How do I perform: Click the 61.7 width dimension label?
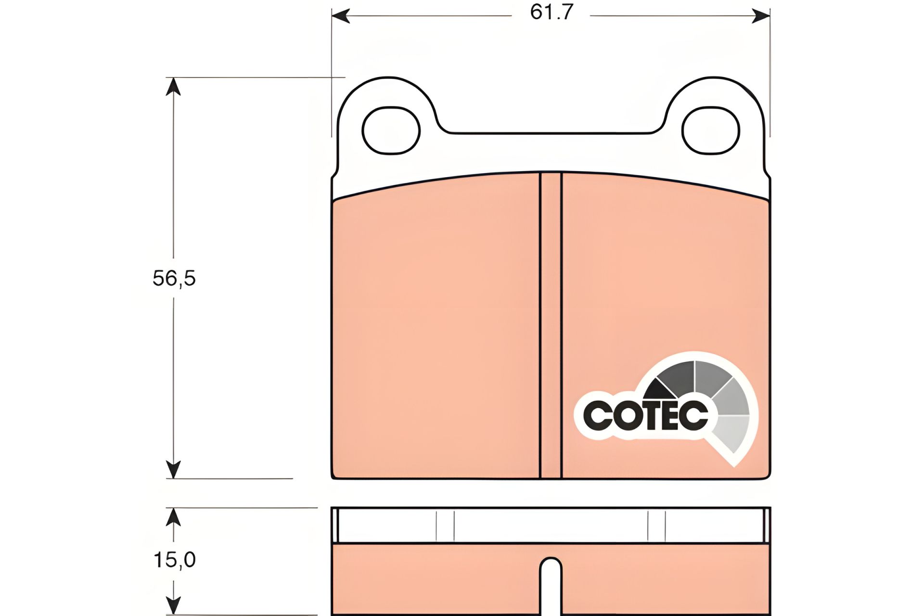552,12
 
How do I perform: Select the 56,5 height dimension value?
174,278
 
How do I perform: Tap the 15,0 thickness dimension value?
174,560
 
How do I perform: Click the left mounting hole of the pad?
391,130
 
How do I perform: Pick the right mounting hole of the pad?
711,130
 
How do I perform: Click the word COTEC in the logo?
646,415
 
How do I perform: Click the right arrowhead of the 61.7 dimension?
761,16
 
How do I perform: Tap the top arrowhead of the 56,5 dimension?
173,86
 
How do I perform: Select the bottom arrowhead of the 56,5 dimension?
173,469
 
